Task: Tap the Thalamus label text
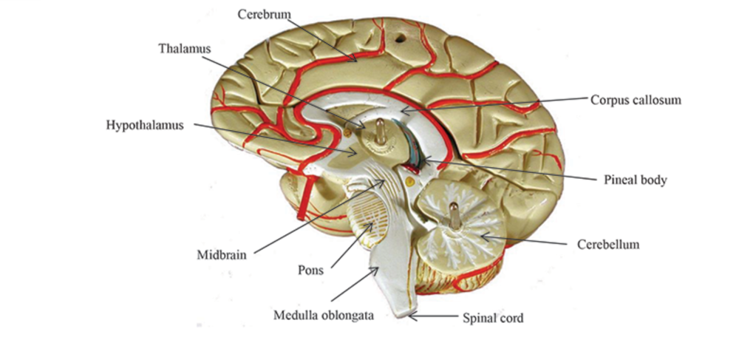click(x=184, y=48)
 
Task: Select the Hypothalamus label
click(x=144, y=124)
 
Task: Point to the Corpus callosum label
click(x=635, y=99)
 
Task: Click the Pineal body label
click(x=631, y=180)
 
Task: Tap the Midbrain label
click(x=222, y=257)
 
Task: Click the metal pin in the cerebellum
click(x=455, y=214)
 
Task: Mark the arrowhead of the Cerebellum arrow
click(x=479, y=235)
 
